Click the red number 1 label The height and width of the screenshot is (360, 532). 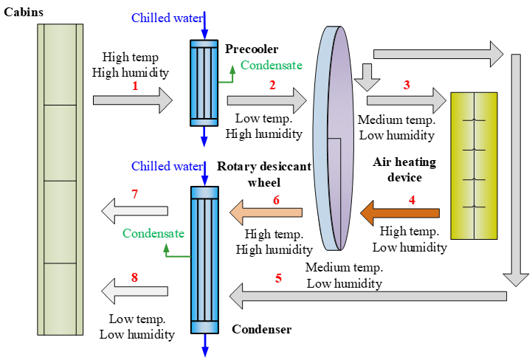(x=135, y=86)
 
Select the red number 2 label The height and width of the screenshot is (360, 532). (x=272, y=85)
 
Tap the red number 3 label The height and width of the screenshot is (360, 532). (x=407, y=85)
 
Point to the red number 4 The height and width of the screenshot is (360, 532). (x=412, y=198)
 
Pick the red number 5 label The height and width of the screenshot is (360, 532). (x=278, y=279)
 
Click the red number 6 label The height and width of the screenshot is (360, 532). (x=276, y=199)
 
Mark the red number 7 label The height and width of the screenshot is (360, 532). (x=134, y=195)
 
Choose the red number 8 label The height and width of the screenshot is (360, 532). (x=134, y=277)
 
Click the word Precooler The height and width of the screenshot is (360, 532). (x=252, y=49)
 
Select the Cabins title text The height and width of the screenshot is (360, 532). (x=23, y=12)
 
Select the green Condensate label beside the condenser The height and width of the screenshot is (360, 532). (x=153, y=234)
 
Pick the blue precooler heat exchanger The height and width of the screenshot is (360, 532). (x=205, y=83)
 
